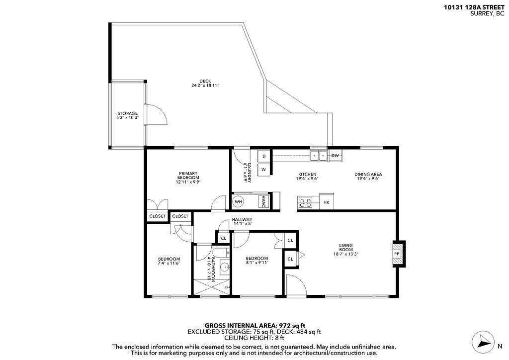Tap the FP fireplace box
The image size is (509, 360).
click(x=397, y=253)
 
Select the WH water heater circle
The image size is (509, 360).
click(x=238, y=202)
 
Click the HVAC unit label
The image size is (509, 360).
click(x=263, y=201)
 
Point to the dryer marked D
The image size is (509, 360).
click(x=264, y=156)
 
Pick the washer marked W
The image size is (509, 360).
click(x=264, y=170)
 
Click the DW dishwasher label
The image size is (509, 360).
click(x=335, y=156)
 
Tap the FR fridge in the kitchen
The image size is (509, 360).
click(x=327, y=202)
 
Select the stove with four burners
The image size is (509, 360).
click(x=304, y=202)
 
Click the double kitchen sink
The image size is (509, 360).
click(x=319, y=156)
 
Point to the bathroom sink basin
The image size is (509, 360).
click(x=225, y=268)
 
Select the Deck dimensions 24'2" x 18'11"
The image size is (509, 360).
click(x=205, y=86)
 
